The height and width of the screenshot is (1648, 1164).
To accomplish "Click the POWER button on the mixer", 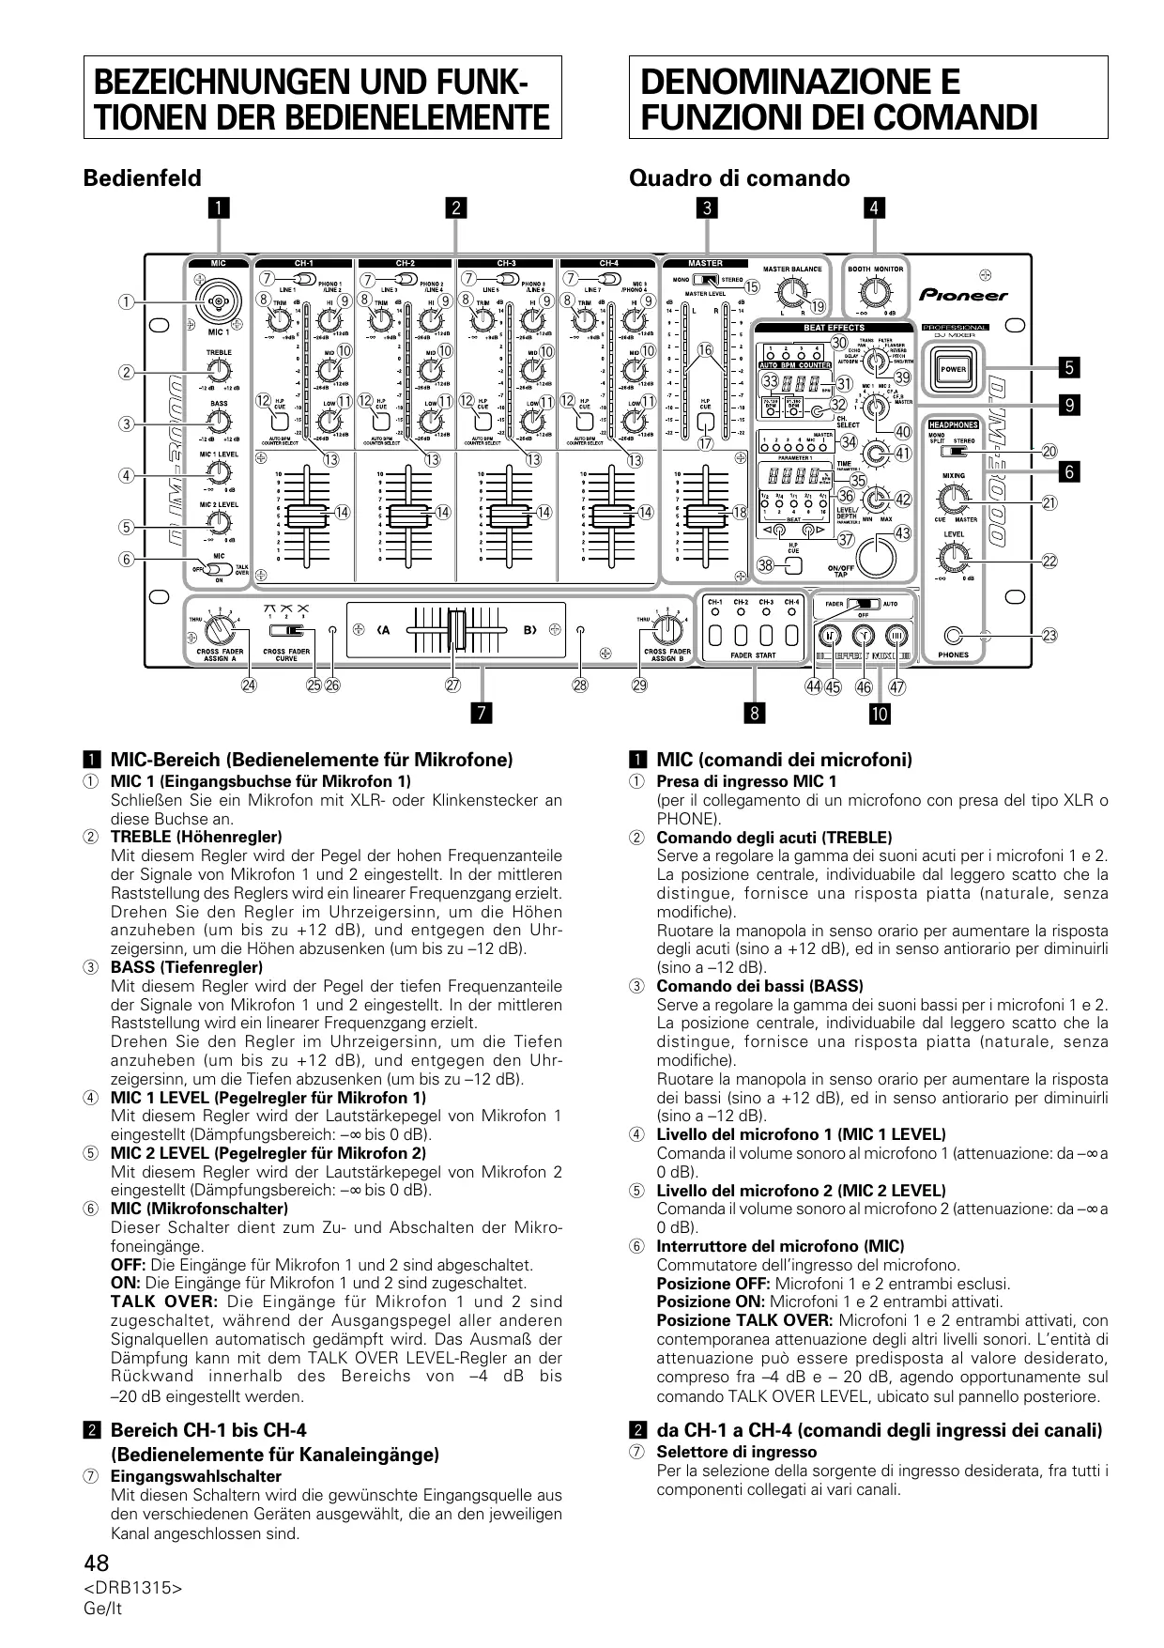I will (x=953, y=369).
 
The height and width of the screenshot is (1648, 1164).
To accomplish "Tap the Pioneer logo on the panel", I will (x=963, y=295).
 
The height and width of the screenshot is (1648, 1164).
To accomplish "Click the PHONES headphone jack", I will (x=954, y=635).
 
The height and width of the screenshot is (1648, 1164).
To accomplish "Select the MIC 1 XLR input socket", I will (x=218, y=301).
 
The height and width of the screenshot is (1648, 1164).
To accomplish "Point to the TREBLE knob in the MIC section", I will (x=219, y=372).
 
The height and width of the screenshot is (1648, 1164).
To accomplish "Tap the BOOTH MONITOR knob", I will (x=875, y=292).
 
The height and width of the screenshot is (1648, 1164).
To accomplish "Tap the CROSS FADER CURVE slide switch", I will (x=286, y=631).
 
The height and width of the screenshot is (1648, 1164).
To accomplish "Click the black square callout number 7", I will (x=482, y=714).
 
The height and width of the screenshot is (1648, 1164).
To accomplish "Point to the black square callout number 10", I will (x=879, y=714).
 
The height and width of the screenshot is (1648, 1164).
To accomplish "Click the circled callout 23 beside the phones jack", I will (x=1049, y=636).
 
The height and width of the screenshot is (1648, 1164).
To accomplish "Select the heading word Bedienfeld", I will (x=142, y=178).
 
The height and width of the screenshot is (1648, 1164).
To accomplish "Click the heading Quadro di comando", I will (x=739, y=178).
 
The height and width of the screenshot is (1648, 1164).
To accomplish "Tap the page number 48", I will (x=97, y=1563).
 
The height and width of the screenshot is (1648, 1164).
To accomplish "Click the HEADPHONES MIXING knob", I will (x=953, y=499).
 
